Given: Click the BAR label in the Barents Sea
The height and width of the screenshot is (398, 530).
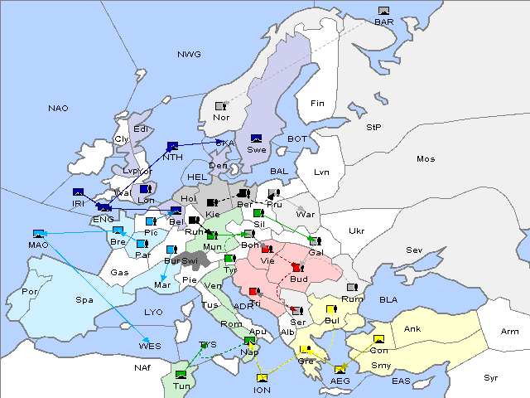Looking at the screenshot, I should (383, 22).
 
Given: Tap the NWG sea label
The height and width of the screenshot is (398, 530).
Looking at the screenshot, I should (189, 55).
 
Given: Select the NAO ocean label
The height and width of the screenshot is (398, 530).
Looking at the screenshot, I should (58, 109).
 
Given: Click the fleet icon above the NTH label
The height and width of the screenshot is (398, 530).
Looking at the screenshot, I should (172, 145).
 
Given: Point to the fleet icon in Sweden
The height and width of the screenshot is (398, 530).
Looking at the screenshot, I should (257, 138).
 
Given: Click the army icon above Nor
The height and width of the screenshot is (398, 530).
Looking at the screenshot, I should (220, 106).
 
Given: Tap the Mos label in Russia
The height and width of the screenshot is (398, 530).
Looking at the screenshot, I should (426, 158).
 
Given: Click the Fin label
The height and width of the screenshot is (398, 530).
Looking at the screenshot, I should (316, 104).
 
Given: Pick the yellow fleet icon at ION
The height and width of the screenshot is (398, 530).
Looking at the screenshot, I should (262, 378).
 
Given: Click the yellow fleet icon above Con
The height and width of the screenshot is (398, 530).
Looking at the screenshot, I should (379, 339).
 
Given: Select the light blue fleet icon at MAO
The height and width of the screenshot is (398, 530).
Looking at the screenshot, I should (38, 234).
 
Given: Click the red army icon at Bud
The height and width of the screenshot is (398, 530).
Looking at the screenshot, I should (296, 267).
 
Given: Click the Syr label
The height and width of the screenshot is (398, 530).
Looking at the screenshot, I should (491, 377).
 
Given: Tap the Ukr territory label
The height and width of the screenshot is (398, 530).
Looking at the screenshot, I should (357, 231).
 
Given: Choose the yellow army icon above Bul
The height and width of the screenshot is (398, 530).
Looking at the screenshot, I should (330, 309).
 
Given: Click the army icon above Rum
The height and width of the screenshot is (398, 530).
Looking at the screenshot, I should (351, 288).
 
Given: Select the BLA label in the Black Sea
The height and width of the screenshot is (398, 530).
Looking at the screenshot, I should (388, 299).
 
